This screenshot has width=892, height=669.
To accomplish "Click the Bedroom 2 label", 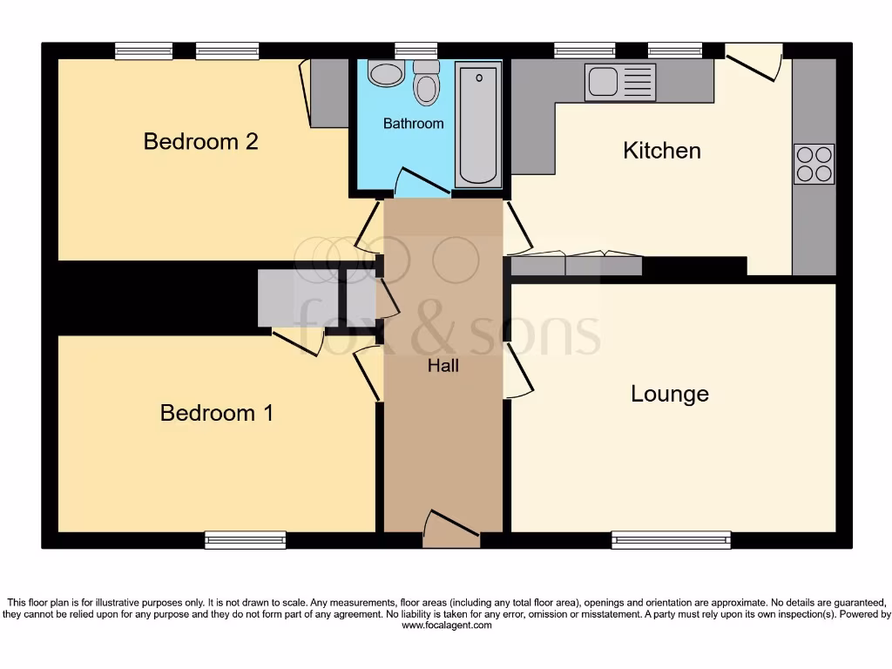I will tap(200, 141).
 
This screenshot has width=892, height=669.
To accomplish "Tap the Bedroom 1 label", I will tap(216, 412).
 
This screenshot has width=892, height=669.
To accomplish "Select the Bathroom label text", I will tap(414, 124).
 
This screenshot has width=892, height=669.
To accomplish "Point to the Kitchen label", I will tap(662, 151).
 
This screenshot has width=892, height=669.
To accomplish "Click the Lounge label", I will tap(670, 394).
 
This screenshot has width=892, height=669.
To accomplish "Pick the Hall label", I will tap(443, 366).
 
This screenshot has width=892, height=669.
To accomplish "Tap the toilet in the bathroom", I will tap(426, 83).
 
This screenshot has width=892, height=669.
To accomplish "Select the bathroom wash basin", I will tap(385, 73).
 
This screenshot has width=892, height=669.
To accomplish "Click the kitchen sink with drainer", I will tap(620, 82).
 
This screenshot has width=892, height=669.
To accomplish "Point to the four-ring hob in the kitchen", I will tap(814, 164).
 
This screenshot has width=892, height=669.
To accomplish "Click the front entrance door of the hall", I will tap(450, 528).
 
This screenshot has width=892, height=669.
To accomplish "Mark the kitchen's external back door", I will tap(753, 61).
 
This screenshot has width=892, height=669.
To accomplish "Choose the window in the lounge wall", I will tap(671, 540).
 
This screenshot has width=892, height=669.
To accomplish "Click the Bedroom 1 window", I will tap(246, 540).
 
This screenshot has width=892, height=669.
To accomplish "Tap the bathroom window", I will tap(416, 51).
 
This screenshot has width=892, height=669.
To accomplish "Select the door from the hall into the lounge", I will tap(517, 369).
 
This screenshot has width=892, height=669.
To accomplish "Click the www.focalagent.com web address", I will tap(446, 625).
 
